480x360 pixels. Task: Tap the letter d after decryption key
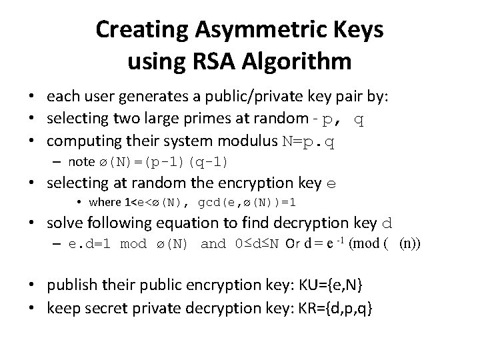(x=394, y=223)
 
